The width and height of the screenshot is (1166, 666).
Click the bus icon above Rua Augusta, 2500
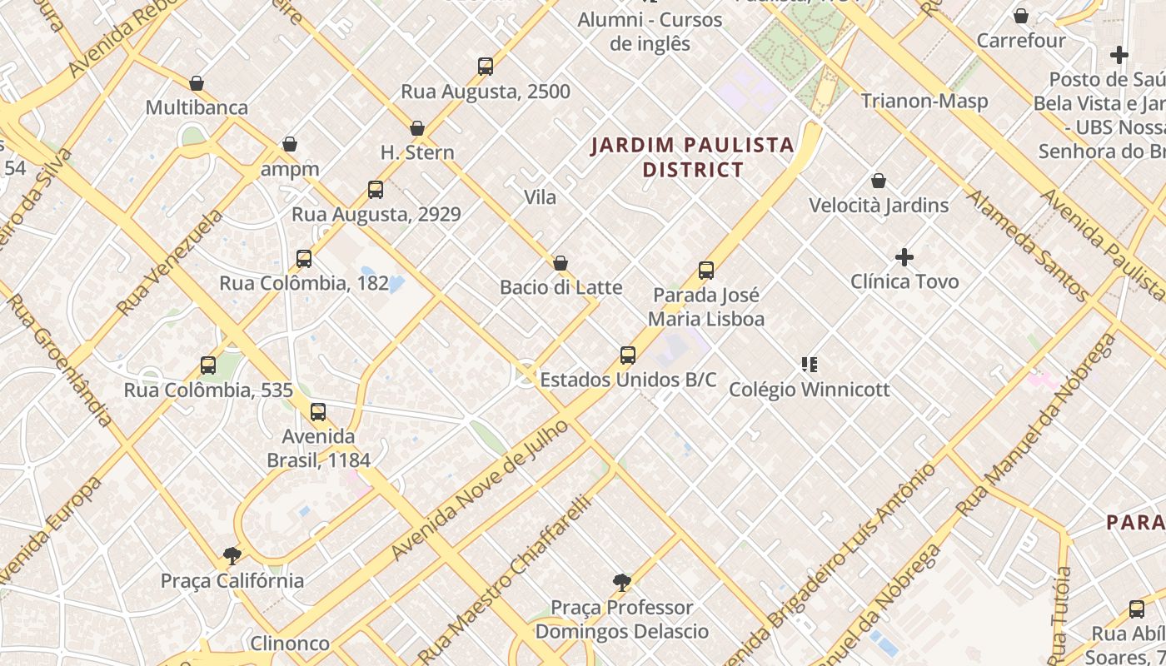coord(486,67)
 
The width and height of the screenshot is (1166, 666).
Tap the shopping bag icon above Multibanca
coord(197,83)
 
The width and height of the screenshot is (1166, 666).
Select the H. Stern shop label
coord(417,152)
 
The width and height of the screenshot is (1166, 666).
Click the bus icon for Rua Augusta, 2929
coord(376,190)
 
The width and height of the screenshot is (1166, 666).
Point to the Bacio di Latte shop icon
coord(561,263)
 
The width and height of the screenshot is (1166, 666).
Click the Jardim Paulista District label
coord(692,157)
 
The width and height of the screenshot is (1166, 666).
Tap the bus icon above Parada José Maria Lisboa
coord(706,271)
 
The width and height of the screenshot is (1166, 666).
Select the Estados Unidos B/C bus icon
coord(628,355)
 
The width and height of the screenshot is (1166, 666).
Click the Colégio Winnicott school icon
coord(809,365)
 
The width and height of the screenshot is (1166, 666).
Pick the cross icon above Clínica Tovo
coord(904,257)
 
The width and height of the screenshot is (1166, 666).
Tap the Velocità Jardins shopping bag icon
coord(879,181)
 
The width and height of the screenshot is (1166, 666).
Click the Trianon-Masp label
coord(924,102)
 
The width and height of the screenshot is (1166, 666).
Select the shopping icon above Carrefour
coord(1021,16)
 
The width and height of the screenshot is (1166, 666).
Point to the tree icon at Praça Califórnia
coord(232,556)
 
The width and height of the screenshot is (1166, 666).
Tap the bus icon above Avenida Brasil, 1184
coord(318,412)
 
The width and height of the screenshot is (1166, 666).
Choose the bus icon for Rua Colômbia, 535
coord(208,365)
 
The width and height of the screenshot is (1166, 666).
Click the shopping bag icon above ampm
coord(290,145)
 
